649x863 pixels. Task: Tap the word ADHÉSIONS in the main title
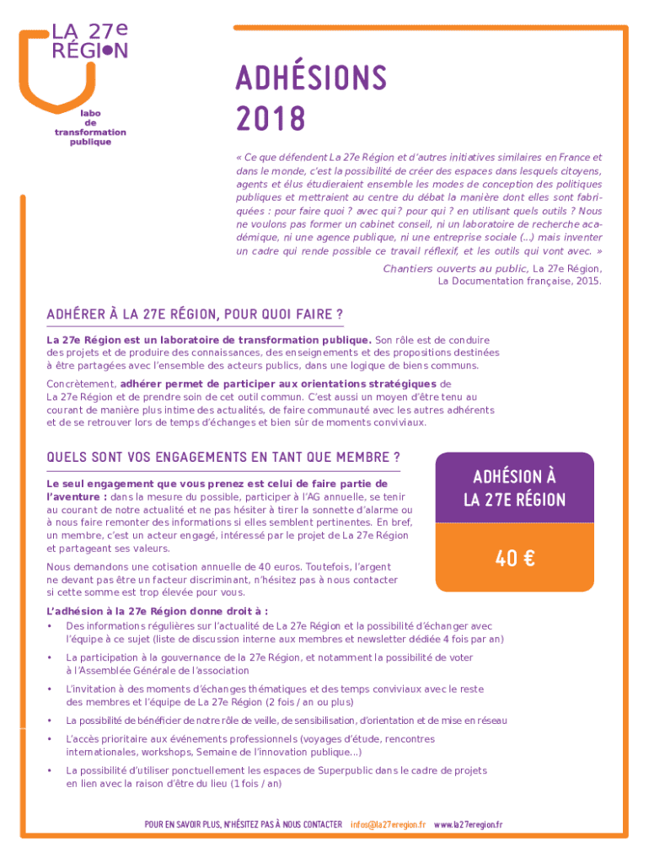(x=310, y=80)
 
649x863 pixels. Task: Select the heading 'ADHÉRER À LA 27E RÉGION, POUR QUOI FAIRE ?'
(x=195, y=314)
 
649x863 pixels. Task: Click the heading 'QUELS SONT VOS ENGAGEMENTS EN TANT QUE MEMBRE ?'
(x=223, y=458)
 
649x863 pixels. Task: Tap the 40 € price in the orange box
(x=514, y=558)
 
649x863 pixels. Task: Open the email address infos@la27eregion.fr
(x=388, y=823)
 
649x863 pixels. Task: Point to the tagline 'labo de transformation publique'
(x=90, y=127)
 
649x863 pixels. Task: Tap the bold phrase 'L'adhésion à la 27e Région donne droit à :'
(x=158, y=611)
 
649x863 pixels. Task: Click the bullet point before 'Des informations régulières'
(x=51, y=626)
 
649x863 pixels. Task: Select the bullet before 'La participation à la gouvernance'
(x=51, y=657)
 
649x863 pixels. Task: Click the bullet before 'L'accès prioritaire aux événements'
(x=51, y=739)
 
